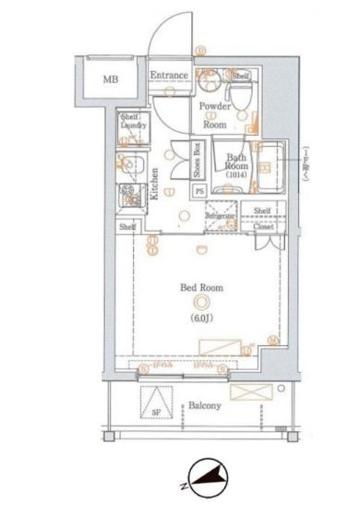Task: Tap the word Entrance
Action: click(170, 76)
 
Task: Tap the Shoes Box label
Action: click(197, 161)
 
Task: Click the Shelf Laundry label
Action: click(128, 124)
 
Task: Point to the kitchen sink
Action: click(127, 169)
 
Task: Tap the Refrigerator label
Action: click(222, 216)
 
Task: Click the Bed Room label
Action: click(201, 289)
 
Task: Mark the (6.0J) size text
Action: click(201, 318)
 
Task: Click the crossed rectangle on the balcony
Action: click(251, 392)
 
